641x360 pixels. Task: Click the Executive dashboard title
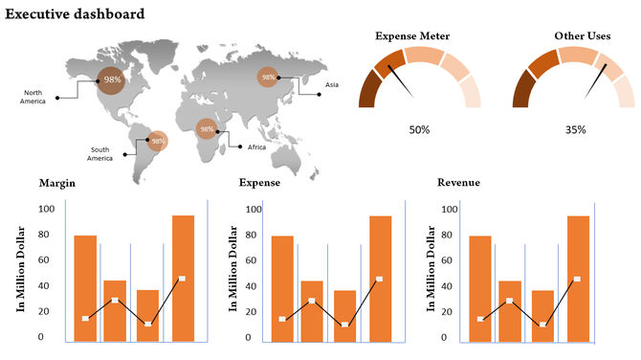pyautogui.click(x=76, y=14)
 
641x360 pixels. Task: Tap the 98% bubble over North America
pyautogui.click(x=112, y=79)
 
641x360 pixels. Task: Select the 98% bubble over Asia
pyautogui.click(x=269, y=77)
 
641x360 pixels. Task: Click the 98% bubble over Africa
pyautogui.click(x=206, y=129)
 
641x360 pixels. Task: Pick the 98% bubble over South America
pyautogui.click(x=157, y=141)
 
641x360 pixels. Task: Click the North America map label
pyautogui.click(x=33, y=97)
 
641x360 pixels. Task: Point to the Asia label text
pyautogui.click(x=332, y=85)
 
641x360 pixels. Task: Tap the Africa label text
pyautogui.click(x=256, y=147)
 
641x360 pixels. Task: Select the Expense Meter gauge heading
pyautogui.click(x=412, y=36)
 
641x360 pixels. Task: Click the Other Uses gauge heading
pyautogui.click(x=583, y=36)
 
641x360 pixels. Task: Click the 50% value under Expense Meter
pyautogui.click(x=419, y=129)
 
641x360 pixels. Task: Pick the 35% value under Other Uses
pyautogui.click(x=575, y=129)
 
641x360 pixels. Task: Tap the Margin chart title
pyautogui.click(x=58, y=182)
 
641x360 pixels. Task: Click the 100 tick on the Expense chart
pyautogui.click(x=253, y=209)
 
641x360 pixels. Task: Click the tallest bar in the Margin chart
pyautogui.click(x=183, y=278)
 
